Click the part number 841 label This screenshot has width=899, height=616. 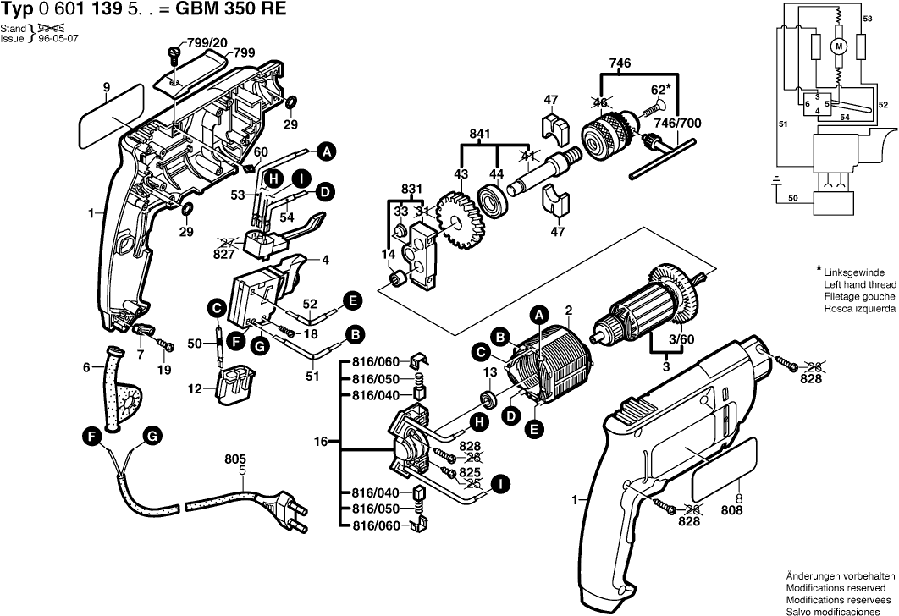(480, 135)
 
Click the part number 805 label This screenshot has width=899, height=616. (235, 459)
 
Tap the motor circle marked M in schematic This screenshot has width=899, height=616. (839, 46)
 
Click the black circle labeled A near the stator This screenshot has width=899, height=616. (538, 315)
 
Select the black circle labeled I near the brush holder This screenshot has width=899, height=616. (500, 484)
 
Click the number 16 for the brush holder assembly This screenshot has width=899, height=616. (321, 442)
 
